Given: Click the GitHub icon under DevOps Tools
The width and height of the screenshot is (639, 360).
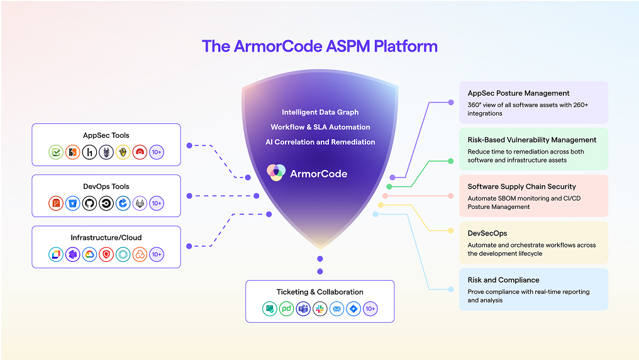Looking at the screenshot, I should click(x=89, y=203).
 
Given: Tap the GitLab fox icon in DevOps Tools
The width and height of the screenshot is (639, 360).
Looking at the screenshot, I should click(x=140, y=203).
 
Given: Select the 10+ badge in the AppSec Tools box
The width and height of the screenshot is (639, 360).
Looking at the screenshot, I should click(x=157, y=152).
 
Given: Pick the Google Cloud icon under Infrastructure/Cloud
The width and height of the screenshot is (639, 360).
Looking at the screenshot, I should click(x=89, y=254).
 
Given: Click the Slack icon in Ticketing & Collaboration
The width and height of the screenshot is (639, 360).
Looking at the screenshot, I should click(x=320, y=308).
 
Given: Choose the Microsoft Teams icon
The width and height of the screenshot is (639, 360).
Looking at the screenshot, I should click(x=303, y=308).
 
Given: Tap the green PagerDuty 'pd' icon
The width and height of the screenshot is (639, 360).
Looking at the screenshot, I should click(x=287, y=308).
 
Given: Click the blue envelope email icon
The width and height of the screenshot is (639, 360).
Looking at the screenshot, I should click(x=337, y=308).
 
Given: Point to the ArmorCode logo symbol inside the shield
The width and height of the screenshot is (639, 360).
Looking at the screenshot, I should click(x=275, y=173).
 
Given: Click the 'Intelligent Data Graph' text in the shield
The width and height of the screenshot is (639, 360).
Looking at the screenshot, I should click(x=320, y=112).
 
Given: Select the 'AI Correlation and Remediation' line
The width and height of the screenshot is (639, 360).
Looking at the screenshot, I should click(x=320, y=142).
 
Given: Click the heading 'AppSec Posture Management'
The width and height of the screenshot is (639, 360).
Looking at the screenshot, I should click(x=518, y=93).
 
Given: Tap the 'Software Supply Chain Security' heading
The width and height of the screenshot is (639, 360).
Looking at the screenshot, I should click(x=521, y=186).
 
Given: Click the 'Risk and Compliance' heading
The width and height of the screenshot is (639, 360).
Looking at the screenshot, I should click(x=503, y=279).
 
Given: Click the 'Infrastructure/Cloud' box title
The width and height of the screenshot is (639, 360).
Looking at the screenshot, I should click(x=106, y=237).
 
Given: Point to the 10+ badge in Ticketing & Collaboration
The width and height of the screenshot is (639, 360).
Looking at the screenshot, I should click(x=370, y=308).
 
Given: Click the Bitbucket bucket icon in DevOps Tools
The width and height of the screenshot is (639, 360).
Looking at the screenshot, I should click(x=73, y=203).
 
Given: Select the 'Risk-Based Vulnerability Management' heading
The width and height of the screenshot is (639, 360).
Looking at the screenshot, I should click(x=532, y=140).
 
